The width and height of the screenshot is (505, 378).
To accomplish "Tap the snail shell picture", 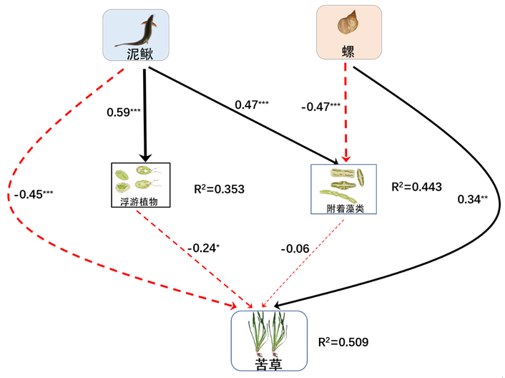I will coord(348,24).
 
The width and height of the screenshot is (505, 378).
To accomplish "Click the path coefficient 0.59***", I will coord(122,112).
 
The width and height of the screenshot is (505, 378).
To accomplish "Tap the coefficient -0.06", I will coord(295,248).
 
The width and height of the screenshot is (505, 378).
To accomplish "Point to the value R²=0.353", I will coord(219,190).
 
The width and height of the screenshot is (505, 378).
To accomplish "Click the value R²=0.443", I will coord(416,187).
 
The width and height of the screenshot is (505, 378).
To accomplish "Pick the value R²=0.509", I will coord(343,342).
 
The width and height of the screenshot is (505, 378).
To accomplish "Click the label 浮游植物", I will coord(139,201).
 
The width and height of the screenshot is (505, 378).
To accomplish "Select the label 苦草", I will coord(268,362).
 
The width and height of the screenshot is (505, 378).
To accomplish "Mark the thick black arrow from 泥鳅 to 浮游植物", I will coord(147,115).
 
